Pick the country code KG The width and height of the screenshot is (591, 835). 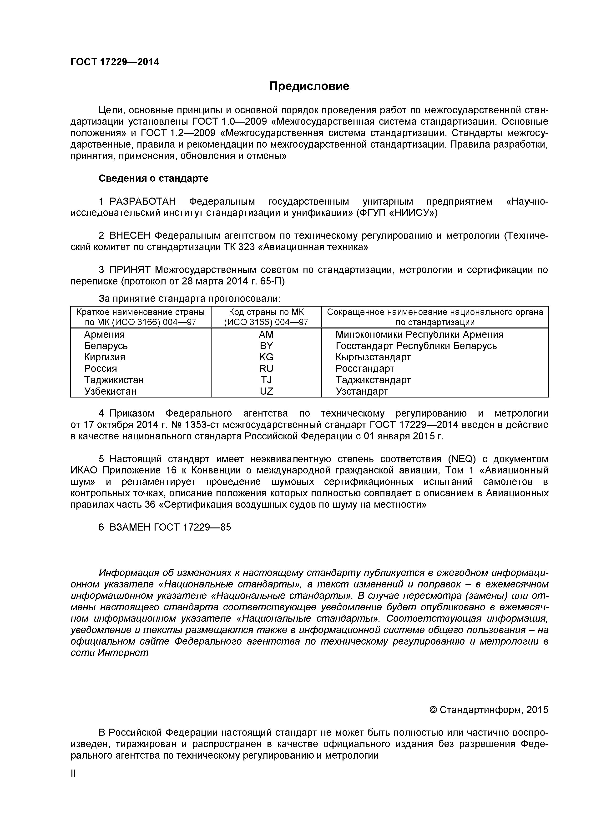(266, 357)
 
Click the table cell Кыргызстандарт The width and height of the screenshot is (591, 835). (373, 357)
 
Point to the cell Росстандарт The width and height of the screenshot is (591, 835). (365, 368)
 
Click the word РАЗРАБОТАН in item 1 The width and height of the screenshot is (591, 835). (143, 201)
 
